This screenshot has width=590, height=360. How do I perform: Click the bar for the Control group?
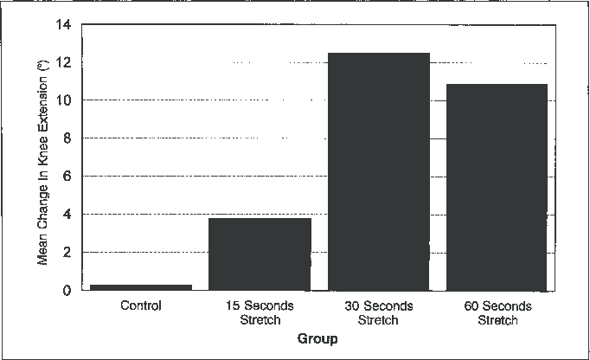coord(142,286)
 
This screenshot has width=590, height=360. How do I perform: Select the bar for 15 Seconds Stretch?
coord(260,254)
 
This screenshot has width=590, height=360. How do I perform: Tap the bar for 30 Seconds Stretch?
coord(378,171)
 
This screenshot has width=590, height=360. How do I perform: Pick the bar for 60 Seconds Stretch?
coord(497,187)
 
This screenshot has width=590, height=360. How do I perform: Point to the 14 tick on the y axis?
coord(64,25)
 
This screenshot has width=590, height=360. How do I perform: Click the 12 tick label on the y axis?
coord(64,63)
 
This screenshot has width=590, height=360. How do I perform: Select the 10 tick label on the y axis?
coord(64,100)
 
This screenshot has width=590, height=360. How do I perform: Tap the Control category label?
coord(142,306)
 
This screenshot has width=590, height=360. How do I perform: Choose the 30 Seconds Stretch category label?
coord(378,313)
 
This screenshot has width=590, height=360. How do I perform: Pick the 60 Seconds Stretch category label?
coord(497,313)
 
